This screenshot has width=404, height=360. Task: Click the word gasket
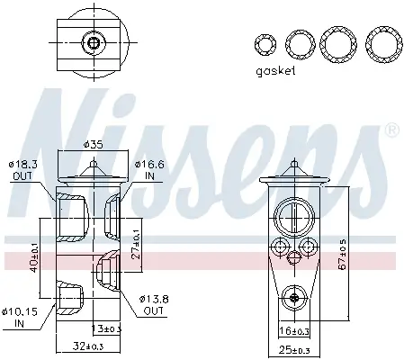tap(275, 71)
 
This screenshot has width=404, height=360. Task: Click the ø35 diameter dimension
tap(93, 145)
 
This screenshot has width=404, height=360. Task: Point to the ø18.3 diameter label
tap(22, 165)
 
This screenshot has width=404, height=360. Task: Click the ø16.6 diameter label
tap(149, 165)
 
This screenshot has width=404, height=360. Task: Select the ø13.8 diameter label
tap(154, 299)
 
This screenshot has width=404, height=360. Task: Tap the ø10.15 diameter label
tap(20, 312)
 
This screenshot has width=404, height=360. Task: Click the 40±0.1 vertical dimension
tap(34, 257)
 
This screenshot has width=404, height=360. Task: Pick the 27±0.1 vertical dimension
tap(136, 244)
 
